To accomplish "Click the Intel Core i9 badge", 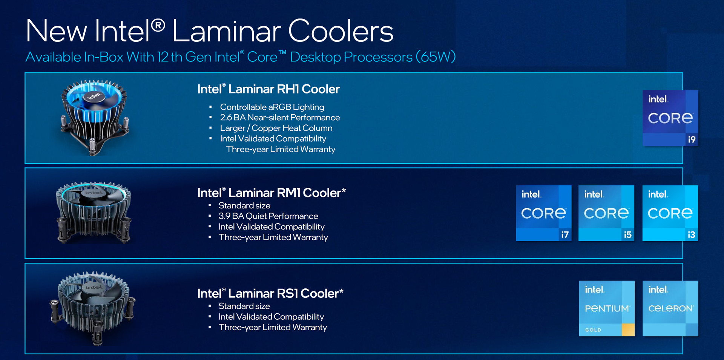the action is click(x=670, y=118).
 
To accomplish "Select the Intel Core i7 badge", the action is click(x=544, y=213).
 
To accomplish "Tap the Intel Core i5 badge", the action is click(x=606, y=213).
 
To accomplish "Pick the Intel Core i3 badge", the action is click(x=670, y=213).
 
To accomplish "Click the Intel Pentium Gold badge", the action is click(x=607, y=308).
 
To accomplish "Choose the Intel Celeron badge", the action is click(x=670, y=308).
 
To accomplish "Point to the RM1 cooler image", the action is click(x=94, y=213).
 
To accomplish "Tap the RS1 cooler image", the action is click(x=93, y=308).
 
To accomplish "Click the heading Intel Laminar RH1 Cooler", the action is click(x=268, y=89).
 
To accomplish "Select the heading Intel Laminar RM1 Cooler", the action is click(x=271, y=193).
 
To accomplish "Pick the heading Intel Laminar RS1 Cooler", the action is click(x=270, y=293).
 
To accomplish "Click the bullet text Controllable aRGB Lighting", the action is click(x=272, y=107).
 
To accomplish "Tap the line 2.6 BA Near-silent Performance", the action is click(x=280, y=118).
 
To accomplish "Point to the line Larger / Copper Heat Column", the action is click(x=276, y=128).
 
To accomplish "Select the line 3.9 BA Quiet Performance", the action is click(x=268, y=216).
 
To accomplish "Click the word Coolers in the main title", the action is click(x=341, y=31).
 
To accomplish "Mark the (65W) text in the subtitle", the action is click(x=436, y=57).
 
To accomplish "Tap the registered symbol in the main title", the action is click(x=158, y=26).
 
